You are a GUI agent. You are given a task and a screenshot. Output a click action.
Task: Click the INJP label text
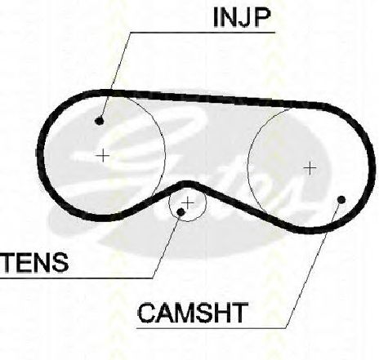point(242,17)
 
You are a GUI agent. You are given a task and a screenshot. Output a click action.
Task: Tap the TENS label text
point(35,262)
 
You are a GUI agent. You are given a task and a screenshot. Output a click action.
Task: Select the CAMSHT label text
point(193,313)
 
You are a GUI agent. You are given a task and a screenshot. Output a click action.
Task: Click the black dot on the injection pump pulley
point(100,121)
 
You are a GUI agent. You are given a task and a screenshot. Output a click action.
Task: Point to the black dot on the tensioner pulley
point(181,211)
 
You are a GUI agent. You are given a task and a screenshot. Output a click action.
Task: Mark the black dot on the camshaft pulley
point(341,200)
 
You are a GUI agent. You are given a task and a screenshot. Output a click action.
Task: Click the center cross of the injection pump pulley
point(103,156)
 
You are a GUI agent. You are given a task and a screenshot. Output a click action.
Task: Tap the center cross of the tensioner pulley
point(188,203)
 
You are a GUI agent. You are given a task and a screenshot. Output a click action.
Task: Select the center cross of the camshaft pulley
point(310,168)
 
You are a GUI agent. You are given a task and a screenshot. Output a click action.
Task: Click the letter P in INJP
point(261,17)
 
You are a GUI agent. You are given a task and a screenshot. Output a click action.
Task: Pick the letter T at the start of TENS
point(9,262)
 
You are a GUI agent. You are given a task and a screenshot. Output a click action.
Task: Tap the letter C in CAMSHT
point(147,313)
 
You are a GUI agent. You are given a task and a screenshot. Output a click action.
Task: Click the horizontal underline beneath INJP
point(203,33)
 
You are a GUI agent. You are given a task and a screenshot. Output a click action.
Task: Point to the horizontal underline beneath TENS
point(76,278)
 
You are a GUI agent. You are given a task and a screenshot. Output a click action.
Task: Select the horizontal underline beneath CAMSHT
point(212,328)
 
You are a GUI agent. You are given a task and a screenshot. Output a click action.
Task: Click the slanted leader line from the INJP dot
point(116,75)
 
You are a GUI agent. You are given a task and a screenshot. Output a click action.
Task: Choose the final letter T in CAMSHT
point(239,313)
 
